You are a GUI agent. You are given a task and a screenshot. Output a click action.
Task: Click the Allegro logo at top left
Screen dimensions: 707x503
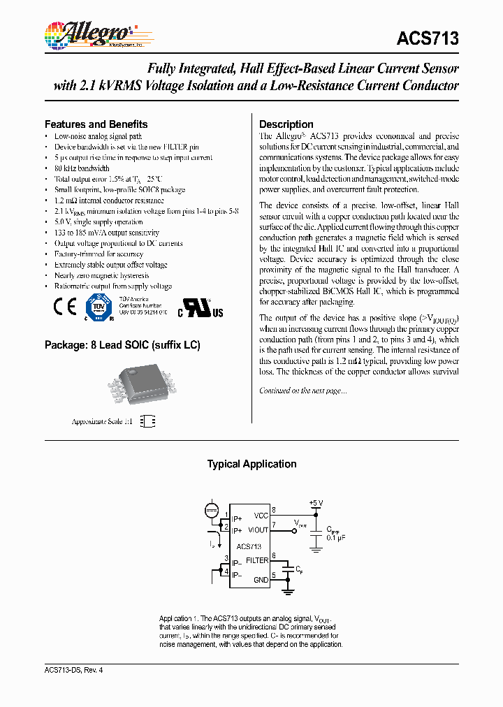coord(89,34)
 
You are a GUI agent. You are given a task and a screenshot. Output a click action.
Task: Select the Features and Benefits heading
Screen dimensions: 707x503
coord(96,124)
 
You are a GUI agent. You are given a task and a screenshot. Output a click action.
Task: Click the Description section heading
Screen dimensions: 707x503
coord(286,124)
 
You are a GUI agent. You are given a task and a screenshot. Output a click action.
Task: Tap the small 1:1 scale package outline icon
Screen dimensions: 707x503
coord(147,421)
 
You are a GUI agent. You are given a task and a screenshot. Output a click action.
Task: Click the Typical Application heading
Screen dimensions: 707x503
coord(251,464)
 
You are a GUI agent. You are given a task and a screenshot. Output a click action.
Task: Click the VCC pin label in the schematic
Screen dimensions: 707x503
coord(261,515)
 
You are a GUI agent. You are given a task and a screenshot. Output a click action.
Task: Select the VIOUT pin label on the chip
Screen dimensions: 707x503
coord(258,530)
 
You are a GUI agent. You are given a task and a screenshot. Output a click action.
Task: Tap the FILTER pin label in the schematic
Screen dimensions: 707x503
coord(257,560)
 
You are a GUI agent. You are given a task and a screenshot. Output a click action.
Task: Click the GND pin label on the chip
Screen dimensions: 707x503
coord(261,580)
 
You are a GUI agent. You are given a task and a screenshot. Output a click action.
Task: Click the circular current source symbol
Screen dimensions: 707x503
coord(212,511)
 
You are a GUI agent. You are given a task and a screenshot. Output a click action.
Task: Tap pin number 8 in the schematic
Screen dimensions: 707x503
coord(274,511)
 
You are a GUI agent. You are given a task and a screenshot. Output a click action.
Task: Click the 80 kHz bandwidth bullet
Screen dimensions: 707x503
coord(82,168)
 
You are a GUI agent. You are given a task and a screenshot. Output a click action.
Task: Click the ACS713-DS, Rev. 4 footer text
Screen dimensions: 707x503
coord(73,669)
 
